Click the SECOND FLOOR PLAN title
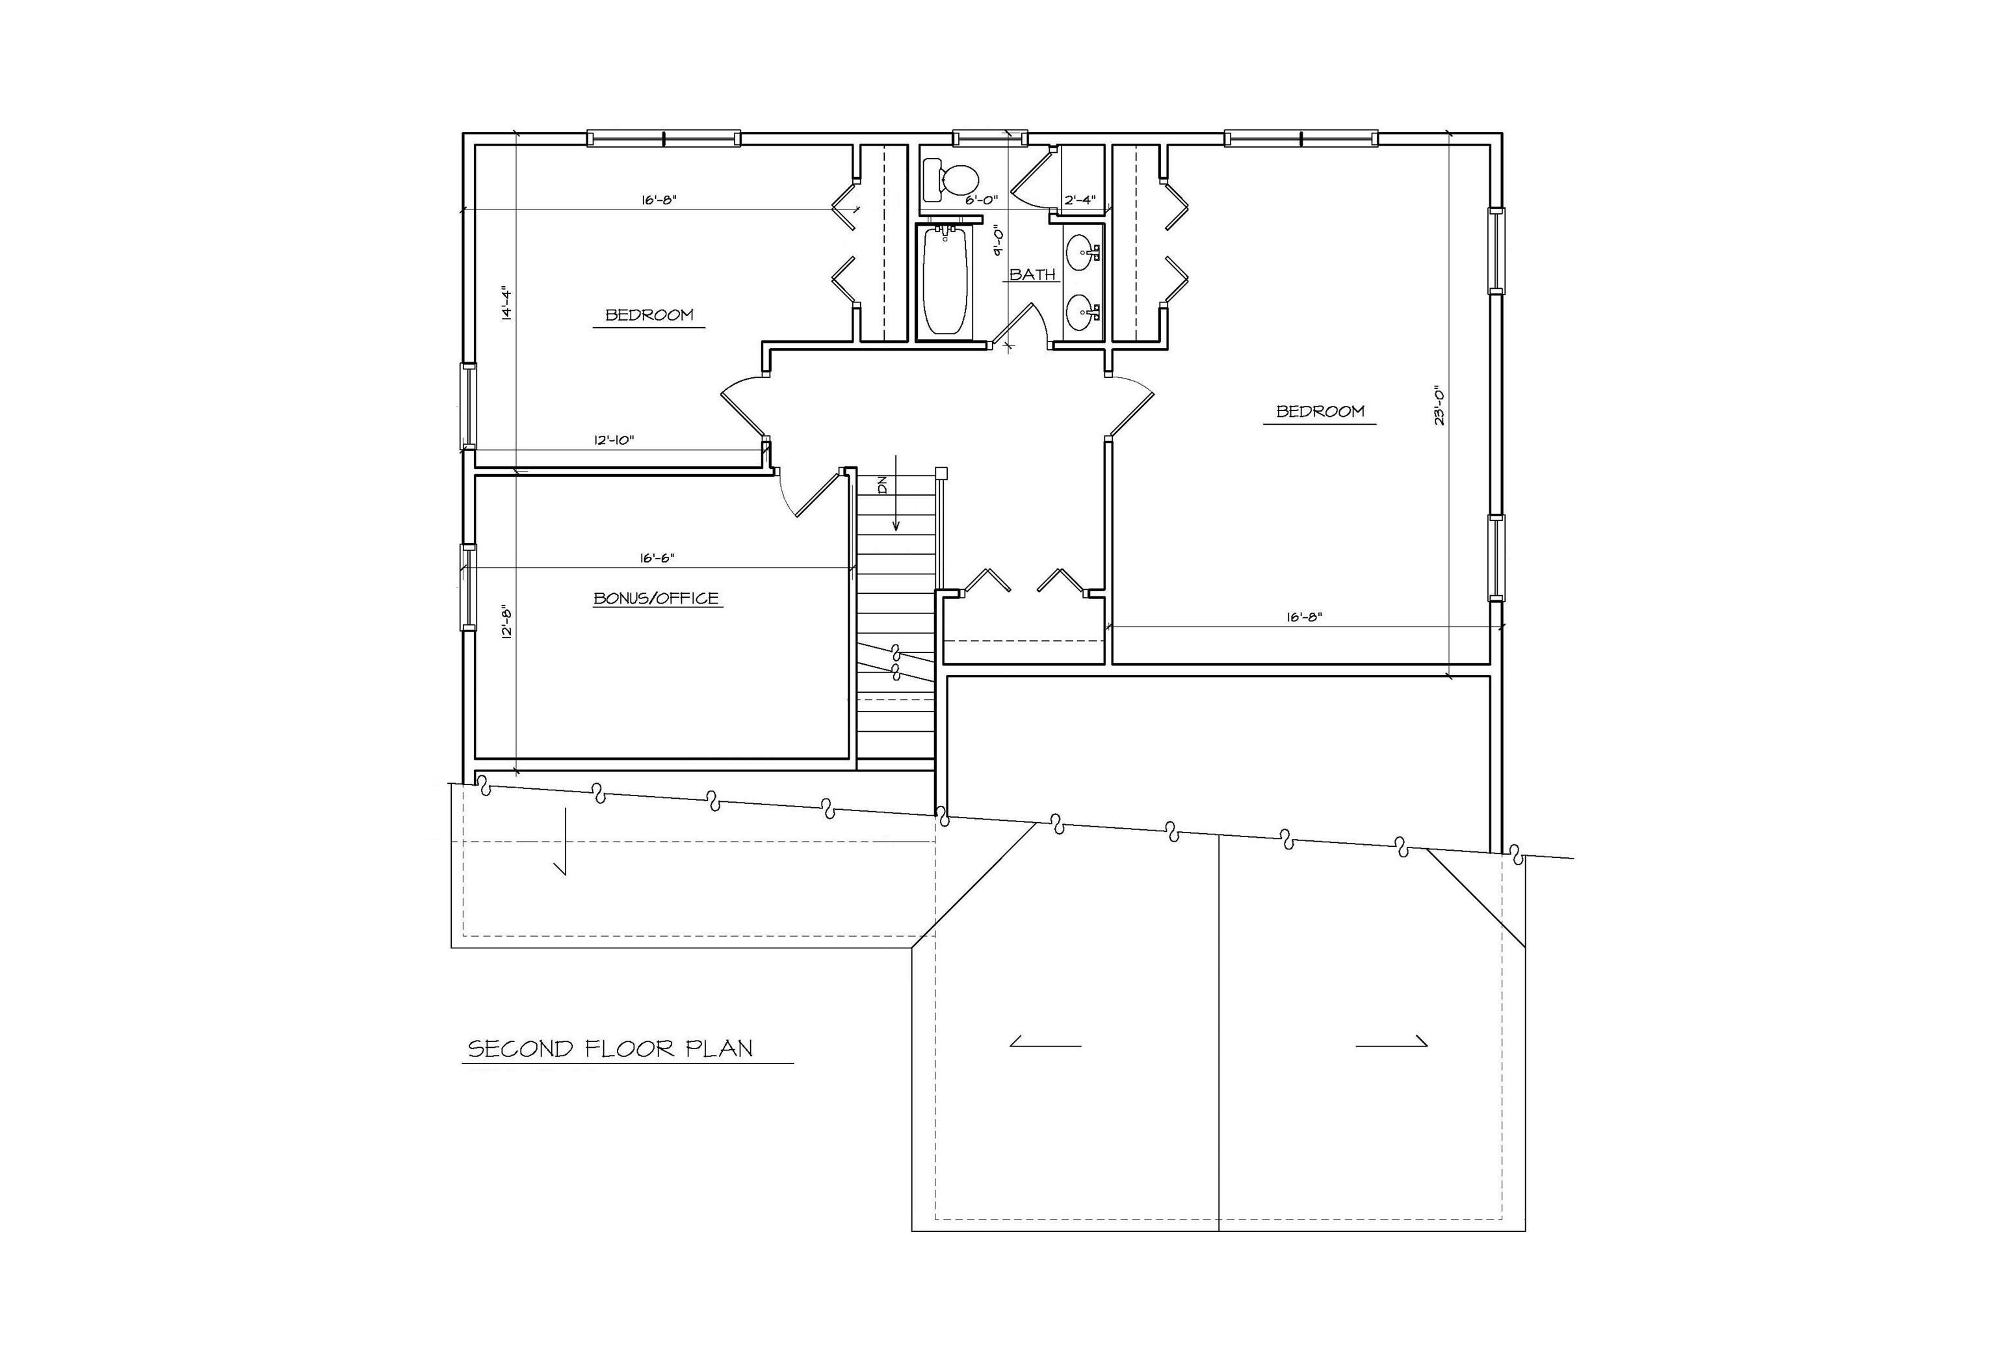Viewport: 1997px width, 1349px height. click(x=610, y=1049)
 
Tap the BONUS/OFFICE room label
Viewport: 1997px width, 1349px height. click(x=657, y=598)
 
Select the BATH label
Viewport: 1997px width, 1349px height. click(x=1032, y=274)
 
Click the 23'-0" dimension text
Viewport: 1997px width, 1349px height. click(x=1439, y=406)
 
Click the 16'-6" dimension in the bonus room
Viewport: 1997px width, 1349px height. click(x=657, y=558)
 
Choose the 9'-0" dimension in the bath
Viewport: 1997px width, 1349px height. click(x=998, y=240)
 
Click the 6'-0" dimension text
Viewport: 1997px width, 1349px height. click(x=982, y=200)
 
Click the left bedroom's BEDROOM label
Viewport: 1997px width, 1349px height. click(x=649, y=315)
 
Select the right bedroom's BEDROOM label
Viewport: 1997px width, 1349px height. click(x=1320, y=411)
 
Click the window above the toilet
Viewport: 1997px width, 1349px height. click(x=990, y=137)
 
